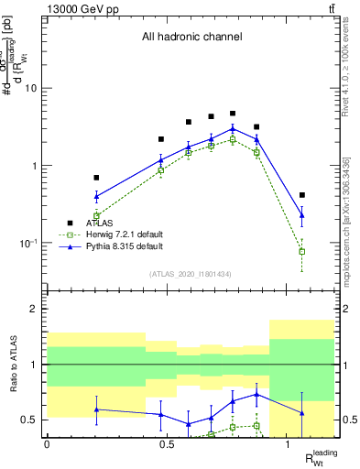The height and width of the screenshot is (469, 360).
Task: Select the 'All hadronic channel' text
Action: coord(191,38)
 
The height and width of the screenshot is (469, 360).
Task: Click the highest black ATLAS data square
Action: coord(233,114)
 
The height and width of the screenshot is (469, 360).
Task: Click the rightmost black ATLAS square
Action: coord(302,195)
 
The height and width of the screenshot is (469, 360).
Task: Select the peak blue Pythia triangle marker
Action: coord(233,128)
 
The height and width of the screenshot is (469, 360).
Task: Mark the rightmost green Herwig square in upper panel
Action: coord(302,251)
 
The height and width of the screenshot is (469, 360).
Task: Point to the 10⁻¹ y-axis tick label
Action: coord(30,244)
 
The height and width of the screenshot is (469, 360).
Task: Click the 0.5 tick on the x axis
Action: coord(168,444)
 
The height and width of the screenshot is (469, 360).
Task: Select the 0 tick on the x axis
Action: coord(47,444)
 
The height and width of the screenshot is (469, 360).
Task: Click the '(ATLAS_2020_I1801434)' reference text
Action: coord(191,274)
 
